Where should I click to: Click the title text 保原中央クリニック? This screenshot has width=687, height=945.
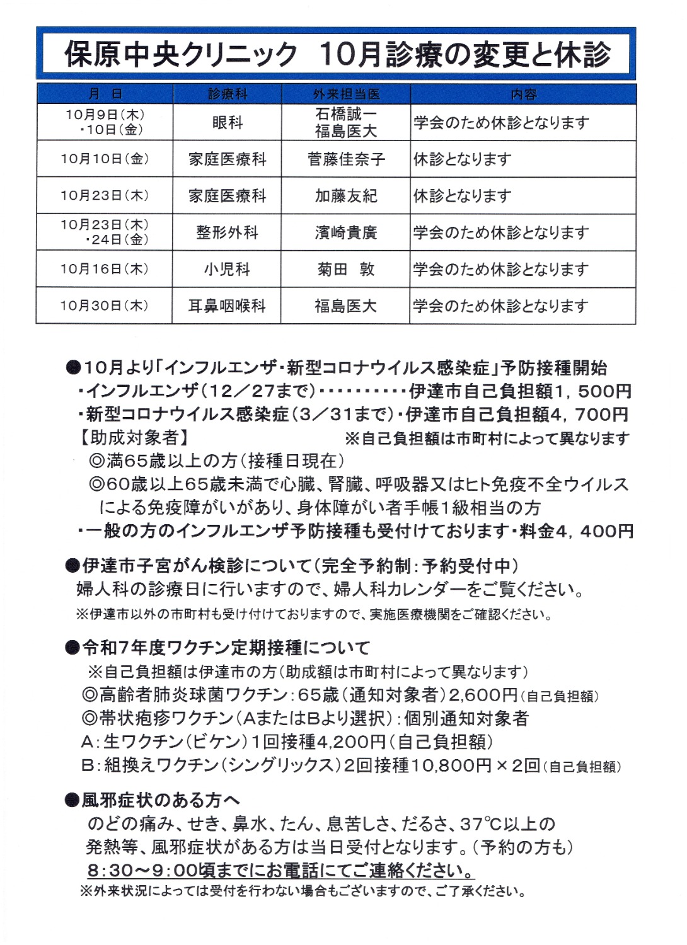click(x=181, y=54)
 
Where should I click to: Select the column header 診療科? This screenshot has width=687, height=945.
click(x=227, y=94)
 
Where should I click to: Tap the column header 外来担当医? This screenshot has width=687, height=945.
click(x=346, y=94)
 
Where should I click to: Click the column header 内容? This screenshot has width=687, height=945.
click(x=523, y=94)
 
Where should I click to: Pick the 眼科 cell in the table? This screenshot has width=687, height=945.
click(x=227, y=122)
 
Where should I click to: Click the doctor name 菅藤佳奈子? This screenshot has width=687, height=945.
click(x=346, y=159)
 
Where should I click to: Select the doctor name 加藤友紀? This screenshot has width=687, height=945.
click(x=346, y=196)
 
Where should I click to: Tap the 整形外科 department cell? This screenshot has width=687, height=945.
click(x=227, y=232)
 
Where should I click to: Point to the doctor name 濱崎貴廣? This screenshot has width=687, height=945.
click(x=346, y=232)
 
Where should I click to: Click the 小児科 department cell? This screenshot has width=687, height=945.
click(x=227, y=269)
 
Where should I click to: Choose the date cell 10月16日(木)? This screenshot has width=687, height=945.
click(x=105, y=269)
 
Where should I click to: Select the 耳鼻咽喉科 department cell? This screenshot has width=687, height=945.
click(x=227, y=306)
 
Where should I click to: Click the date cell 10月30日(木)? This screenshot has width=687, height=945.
click(x=105, y=306)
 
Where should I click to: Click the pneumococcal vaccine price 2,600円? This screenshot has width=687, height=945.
click(x=483, y=695)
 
